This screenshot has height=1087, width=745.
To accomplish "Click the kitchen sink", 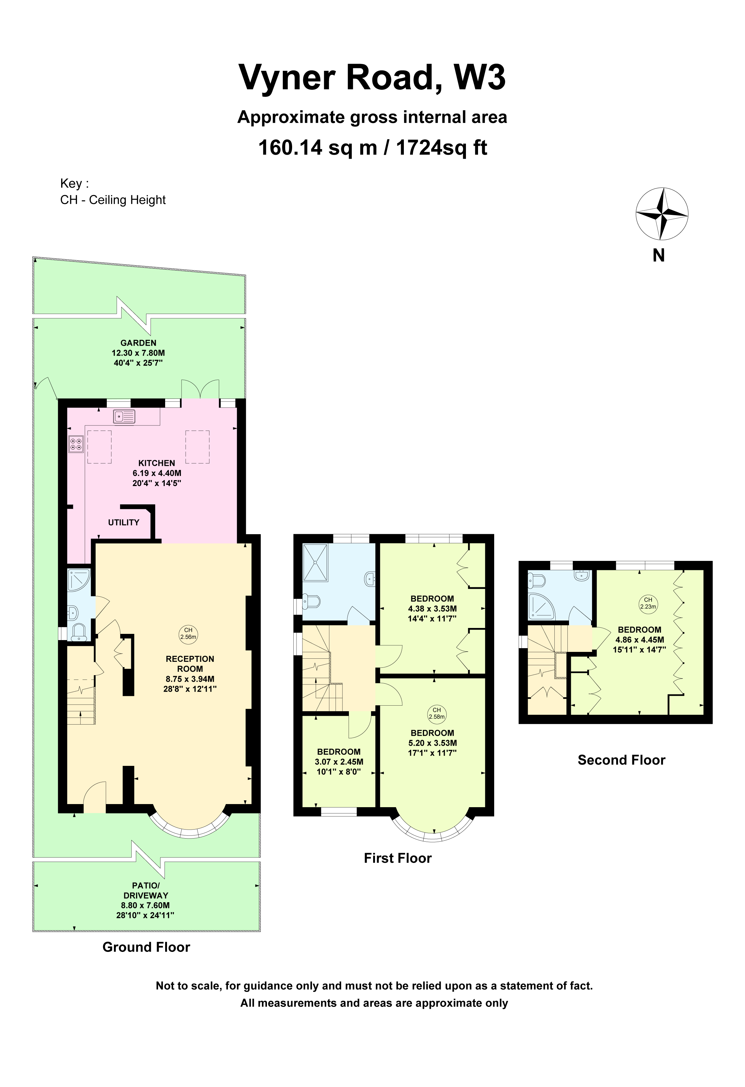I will click(124, 416).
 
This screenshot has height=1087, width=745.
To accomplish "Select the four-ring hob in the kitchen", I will click(76, 444).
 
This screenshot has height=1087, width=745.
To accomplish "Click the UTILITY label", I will click(123, 522).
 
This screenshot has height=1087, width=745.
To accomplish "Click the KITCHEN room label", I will click(156, 463).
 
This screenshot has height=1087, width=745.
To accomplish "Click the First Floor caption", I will click(398, 858).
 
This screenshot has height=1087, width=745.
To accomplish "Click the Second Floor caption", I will click(621, 760).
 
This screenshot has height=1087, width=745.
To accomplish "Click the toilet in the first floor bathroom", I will click(310, 602).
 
